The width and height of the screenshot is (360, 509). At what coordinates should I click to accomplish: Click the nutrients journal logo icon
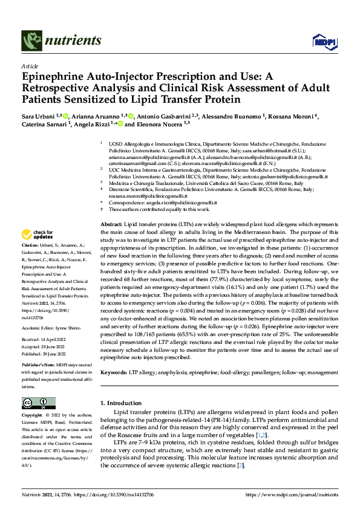30,41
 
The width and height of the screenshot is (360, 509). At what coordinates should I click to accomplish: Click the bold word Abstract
110,224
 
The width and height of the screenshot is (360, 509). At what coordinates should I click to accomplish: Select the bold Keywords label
114,373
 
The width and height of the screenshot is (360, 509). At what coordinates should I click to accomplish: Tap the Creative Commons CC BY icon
38,403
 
